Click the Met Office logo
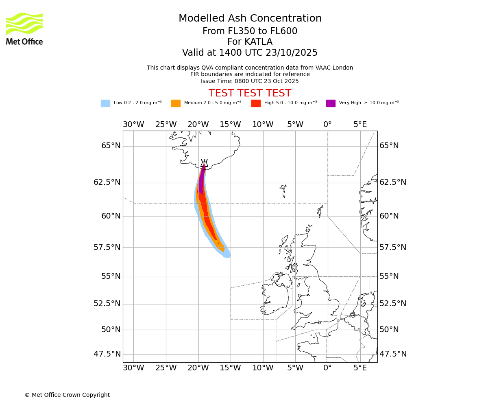[x=24, y=28]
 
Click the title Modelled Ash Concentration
[x=250, y=18]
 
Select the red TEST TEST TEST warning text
[x=250, y=93]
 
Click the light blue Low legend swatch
[x=105, y=103]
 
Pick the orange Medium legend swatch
[x=176, y=103]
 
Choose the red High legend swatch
[x=256, y=103]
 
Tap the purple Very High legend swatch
[x=331, y=103]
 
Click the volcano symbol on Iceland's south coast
[x=204, y=163]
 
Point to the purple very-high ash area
[x=201, y=179]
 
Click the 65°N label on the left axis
[x=111, y=146]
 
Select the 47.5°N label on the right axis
[x=393, y=354]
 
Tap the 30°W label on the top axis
[x=133, y=125]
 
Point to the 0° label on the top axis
[x=327, y=125]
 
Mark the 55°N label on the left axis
[x=111, y=276]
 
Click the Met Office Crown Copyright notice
[x=67, y=395]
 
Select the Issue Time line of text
[x=250, y=81]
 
